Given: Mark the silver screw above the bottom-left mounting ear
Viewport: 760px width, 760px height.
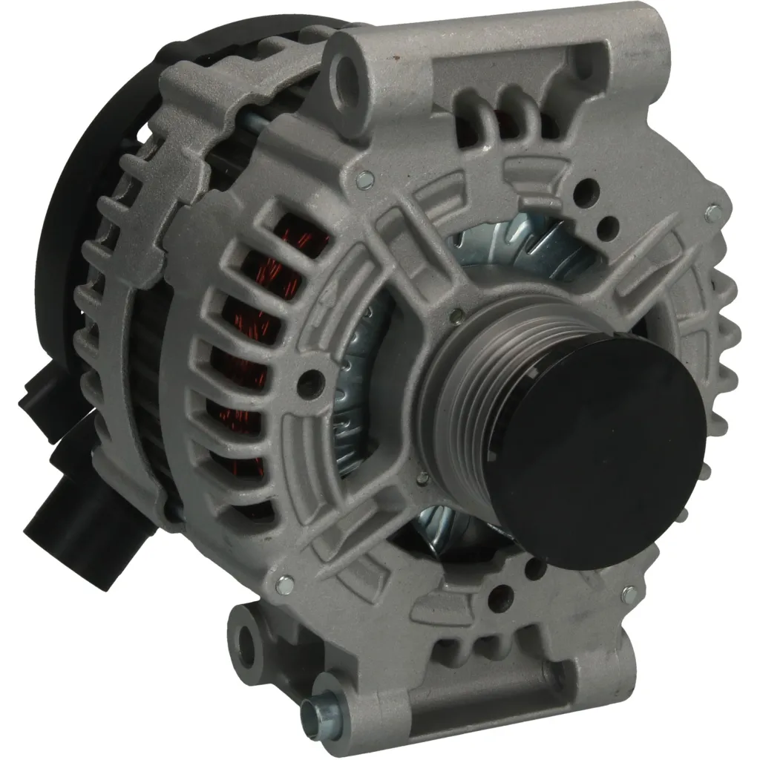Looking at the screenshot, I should point(284,586).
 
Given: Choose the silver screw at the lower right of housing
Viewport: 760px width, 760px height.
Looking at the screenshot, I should point(629,594).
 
